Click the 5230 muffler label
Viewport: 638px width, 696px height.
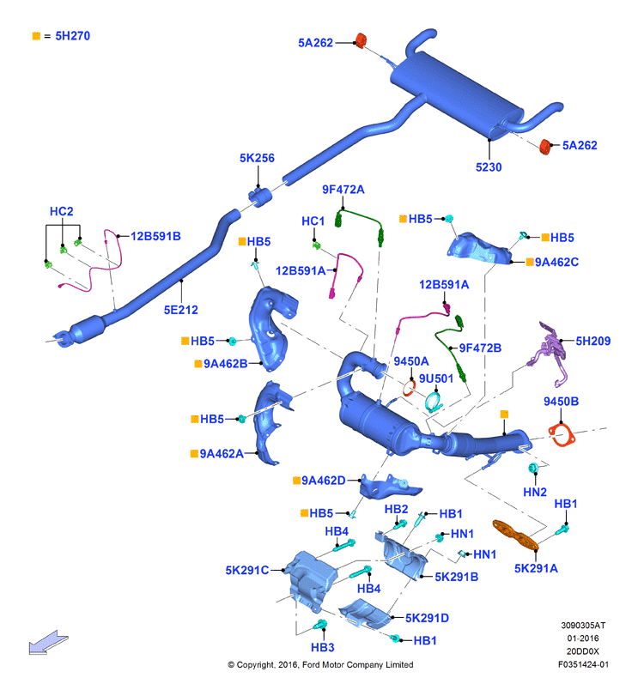pyautogui.click(x=489, y=167)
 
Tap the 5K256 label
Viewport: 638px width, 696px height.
pyautogui.click(x=257, y=158)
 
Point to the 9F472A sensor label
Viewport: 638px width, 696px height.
pyautogui.click(x=343, y=189)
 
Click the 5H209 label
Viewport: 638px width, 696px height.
pyautogui.click(x=592, y=341)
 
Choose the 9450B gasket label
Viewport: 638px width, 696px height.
pyautogui.click(x=561, y=401)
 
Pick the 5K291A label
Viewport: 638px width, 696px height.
pyautogui.click(x=536, y=567)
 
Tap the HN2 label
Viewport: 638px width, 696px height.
pyautogui.click(x=535, y=492)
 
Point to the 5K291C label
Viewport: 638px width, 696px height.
pyautogui.click(x=248, y=569)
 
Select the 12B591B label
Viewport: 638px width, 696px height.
pyautogui.click(x=155, y=235)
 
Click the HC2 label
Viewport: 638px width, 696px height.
pyautogui.click(x=62, y=211)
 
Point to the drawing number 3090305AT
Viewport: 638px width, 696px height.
pyautogui.click(x=583, y=626)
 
